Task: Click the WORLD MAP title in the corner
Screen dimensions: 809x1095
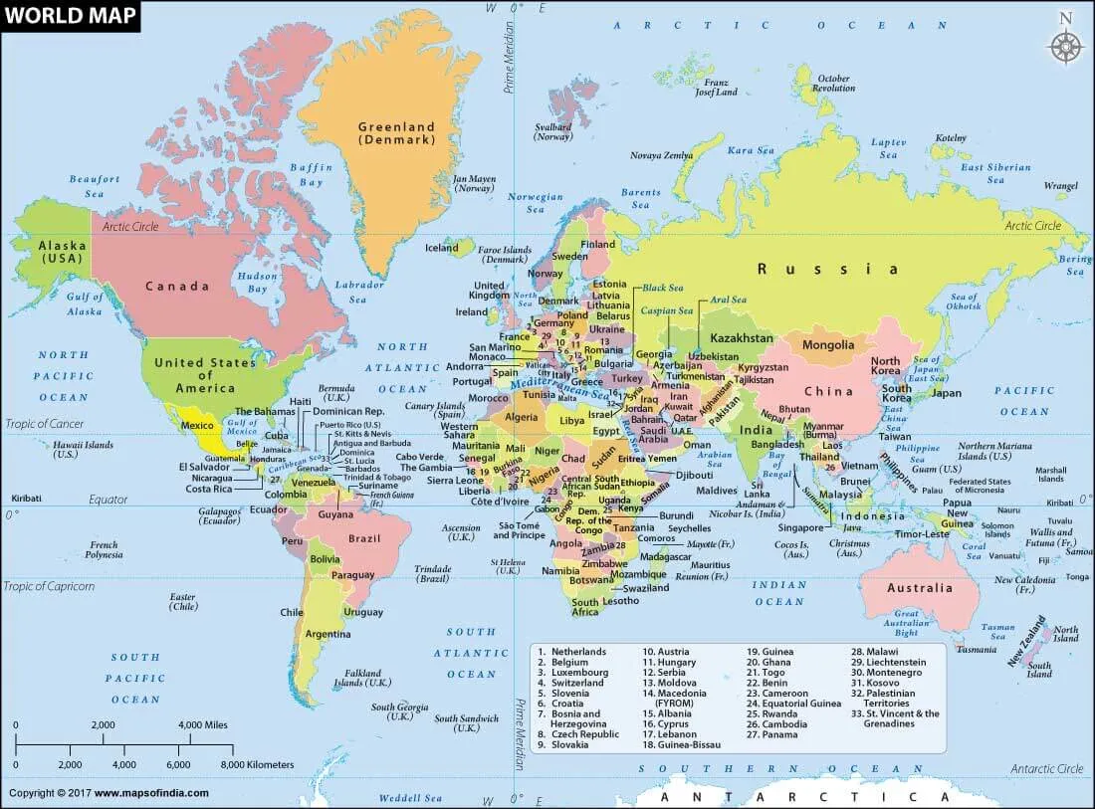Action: point(70,17)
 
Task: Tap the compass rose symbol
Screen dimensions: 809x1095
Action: point(1065,44)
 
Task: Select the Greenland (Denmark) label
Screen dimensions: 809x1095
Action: point(397,133)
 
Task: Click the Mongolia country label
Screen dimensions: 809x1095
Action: point(828,345)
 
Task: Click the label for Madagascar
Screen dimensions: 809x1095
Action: point(667,556)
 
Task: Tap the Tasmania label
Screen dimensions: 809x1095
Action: point(976,650)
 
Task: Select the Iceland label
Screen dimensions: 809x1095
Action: point(442,248)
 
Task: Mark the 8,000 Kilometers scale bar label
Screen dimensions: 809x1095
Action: point(257,764)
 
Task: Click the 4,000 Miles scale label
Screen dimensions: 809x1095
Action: point(203,725)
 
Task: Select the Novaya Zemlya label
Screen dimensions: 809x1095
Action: point(661,156)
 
